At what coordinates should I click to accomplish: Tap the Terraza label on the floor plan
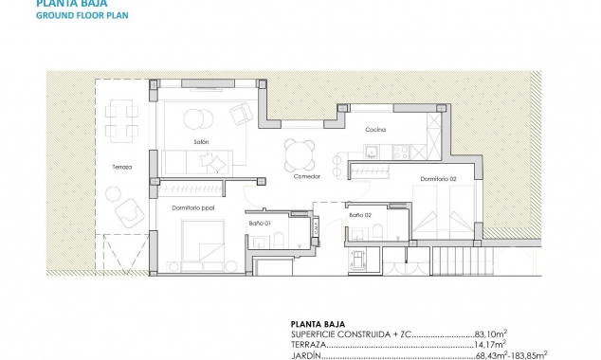point(122,168)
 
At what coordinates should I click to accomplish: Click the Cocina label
point(375,130)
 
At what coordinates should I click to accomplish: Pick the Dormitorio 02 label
point(439,179)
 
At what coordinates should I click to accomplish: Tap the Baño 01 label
point(262,223)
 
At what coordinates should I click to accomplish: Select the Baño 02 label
point(359,216)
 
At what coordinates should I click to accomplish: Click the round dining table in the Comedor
point(299,151)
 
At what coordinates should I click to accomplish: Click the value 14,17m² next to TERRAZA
point(489,345)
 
